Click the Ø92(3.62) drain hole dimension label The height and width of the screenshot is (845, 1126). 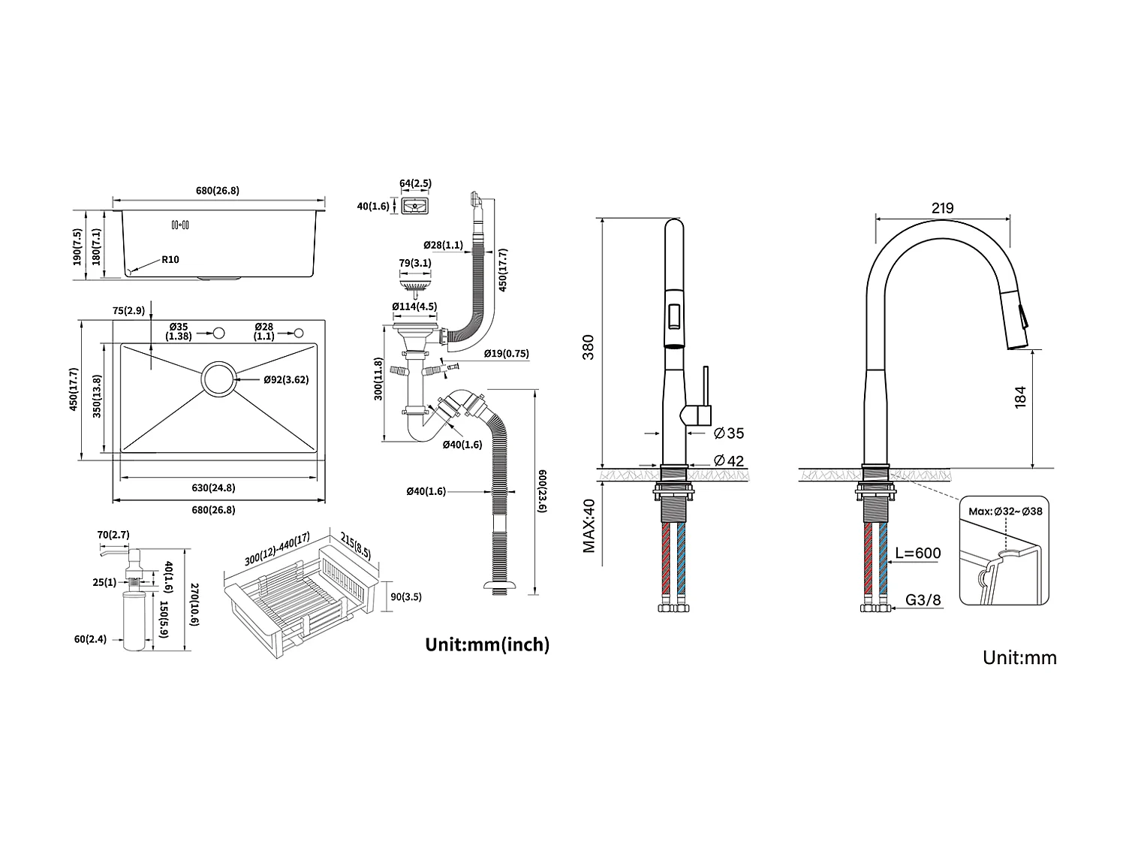point(286,379)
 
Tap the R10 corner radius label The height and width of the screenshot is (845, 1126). point(170,260)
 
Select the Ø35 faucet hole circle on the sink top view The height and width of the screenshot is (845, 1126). point(219,333)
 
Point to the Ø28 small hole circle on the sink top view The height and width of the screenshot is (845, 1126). point(298,333)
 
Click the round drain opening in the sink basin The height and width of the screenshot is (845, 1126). point(219,379)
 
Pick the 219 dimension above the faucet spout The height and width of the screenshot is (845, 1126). point(942,208)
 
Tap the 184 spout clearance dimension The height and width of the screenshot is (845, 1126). point(1020,397)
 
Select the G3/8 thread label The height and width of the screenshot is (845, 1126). point(923,599)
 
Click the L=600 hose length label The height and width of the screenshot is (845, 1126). point(918,553)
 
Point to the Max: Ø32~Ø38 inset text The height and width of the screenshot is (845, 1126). point(1005,512)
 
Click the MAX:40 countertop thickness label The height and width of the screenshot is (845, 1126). point(589,526)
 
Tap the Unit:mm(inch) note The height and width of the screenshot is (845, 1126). point(487,644)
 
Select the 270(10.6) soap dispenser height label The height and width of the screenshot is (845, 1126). point(194,605)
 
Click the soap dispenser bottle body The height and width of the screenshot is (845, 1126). point(134,621)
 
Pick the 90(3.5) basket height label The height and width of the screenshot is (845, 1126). point(406,596)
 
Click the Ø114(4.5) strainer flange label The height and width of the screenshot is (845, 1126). point(414,306)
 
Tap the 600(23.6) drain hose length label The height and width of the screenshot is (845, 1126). point(543,491)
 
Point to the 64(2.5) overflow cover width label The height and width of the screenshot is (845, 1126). point(416,183)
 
